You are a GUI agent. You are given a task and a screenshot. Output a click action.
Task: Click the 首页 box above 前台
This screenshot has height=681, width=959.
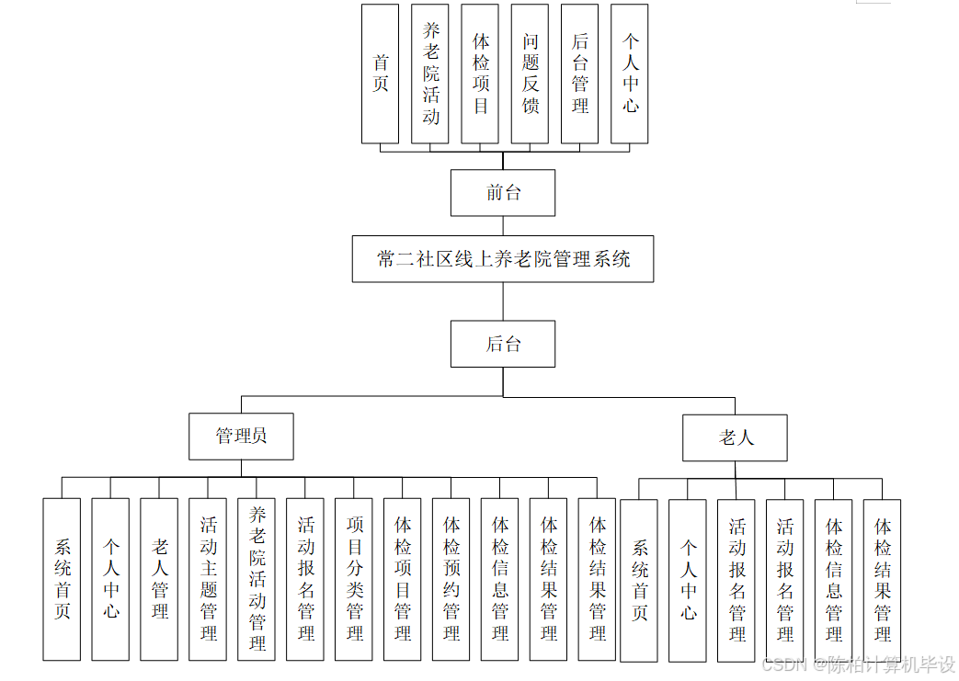[x=380, y=74]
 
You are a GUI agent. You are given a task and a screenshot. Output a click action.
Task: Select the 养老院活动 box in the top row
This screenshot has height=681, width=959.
[x=430, y=74]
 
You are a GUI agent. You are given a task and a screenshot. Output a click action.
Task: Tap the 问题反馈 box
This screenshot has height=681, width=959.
[x=530, y=74]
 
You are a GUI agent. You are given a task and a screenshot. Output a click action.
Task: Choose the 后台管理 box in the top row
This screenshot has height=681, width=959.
[x=579, y=74]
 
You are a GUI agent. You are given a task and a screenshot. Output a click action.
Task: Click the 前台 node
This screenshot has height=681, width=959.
[x=503, y=193]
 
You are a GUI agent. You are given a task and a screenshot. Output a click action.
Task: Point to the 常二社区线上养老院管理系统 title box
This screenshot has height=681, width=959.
[x=503, y=259]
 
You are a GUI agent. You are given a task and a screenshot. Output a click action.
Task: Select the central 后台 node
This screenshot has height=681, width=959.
[x=503, y=344]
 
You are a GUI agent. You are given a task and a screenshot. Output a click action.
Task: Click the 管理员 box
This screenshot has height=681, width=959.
[x=241, y=436]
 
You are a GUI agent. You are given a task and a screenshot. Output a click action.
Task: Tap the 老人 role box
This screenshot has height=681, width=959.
[x=735, y=437]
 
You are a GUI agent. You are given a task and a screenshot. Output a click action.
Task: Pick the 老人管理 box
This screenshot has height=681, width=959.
[x=159, y=579]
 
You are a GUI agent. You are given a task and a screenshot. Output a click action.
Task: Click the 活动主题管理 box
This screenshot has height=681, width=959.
[x=208, y=579]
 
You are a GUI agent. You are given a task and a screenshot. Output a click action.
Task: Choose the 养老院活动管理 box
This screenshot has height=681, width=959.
[x=257, y=579]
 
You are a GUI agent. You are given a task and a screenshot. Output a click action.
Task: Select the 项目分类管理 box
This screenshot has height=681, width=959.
[x=354, y=579]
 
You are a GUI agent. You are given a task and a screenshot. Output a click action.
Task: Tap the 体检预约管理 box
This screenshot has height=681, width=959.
[x=451, y=579]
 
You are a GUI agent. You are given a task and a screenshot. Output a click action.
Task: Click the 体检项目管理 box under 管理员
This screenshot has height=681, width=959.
[x=403, y=579]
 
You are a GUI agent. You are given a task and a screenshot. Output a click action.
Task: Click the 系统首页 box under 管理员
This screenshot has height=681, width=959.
[x=62, y=579]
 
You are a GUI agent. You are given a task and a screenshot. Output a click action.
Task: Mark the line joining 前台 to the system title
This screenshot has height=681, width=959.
[x=503, y=226]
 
